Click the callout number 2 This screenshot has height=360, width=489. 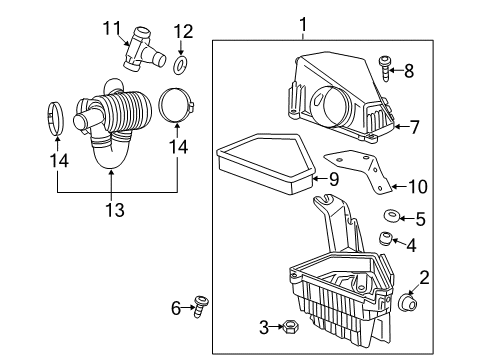pyautogui.click(x=423, y=277)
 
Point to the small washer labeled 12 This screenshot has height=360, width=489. pyautogui.click(x=181, y=66)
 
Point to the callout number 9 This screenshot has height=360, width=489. pyautogui.click(x=335, y=179)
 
